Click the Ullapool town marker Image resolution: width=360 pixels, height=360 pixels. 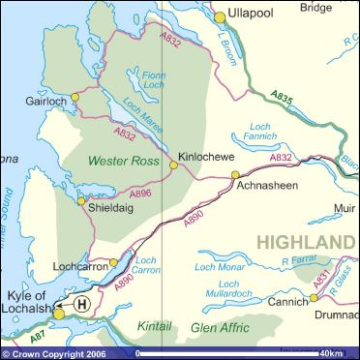coord(220,16)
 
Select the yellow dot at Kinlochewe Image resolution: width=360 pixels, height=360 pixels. coord(174,165)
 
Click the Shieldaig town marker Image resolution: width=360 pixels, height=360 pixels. coord(82,201)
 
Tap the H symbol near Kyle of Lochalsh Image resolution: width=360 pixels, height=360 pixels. coord(82,303)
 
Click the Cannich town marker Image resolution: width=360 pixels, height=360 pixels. coord(314,298)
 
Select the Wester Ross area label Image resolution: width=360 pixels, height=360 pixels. coord(125,160)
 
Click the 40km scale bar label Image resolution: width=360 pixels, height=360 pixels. coord(332,352)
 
